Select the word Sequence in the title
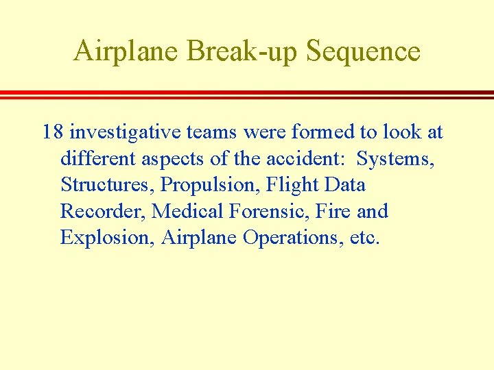(x=364, y=52)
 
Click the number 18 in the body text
(x=53, y=132)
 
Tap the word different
(x=98, y=158)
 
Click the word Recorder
(x=103, y=211)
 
